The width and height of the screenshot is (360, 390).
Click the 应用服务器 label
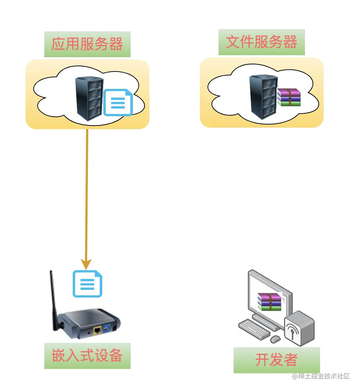click(x=87, y=44)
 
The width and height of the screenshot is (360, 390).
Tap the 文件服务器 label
click(x=261, y=42)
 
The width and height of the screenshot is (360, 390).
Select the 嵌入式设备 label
click(x=87, y=356)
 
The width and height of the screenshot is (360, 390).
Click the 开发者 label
click(x=276, y=360)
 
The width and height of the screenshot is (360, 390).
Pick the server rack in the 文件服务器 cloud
click(x=263, y=96)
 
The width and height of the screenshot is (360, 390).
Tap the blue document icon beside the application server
click(x=118, y=103)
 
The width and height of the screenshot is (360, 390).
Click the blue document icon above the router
click(x=87, y=284)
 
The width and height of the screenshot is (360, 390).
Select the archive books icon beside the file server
click(x=289, y=97)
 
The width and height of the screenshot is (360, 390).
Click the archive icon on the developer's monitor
click(x=269, y=301)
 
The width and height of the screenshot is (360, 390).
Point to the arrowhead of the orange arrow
click(x=86, y=264)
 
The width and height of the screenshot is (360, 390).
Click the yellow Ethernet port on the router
click(x=96, y=330)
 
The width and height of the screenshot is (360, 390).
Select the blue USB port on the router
click(x=107, y=329)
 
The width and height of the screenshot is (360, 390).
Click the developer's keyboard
click(x=254, y=328)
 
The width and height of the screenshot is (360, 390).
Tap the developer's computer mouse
click(x=275, y=339)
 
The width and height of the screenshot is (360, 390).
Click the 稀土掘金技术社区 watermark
click(x=321, y=376)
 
